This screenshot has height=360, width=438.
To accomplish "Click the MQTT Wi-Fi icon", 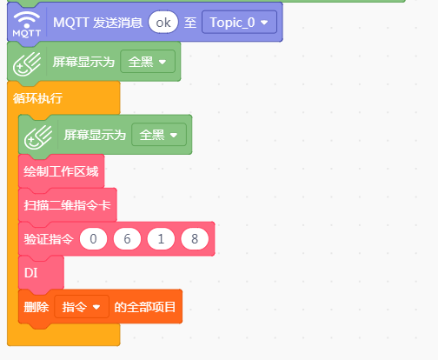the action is [26, 24].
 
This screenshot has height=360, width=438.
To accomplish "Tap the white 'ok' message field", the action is [163, 23].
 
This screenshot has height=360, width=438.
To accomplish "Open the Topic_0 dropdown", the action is [239, 23].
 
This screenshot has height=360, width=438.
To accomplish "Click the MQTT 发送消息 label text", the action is [97, 23].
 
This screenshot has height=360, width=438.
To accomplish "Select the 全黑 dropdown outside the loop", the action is [148, 62].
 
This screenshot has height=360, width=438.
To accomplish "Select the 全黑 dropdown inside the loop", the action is [159, 135].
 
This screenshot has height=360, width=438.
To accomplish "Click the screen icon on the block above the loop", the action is [27, 63].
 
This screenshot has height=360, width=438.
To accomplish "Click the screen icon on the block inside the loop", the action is [38, 137].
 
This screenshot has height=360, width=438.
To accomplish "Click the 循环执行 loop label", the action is [37, 98].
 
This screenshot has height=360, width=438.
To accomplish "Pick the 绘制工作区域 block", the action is [61, 171].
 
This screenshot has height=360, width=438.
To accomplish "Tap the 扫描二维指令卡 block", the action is [68, 205].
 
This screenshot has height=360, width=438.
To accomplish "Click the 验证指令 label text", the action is [49, 239].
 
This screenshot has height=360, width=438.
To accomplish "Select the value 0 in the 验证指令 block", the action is [93, 239].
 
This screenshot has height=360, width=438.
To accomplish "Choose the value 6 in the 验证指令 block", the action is [127, 239].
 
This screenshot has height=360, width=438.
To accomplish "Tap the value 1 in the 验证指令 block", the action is [161, 239].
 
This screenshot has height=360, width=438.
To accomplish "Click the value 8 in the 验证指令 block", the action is [195, 239].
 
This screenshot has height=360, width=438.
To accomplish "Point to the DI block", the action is [41, 273].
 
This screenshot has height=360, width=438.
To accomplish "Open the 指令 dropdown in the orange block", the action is [82, 307].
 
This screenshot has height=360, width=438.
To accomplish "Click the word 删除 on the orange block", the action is [36, 307].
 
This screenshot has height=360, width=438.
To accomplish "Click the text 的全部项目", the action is [145, 307].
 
